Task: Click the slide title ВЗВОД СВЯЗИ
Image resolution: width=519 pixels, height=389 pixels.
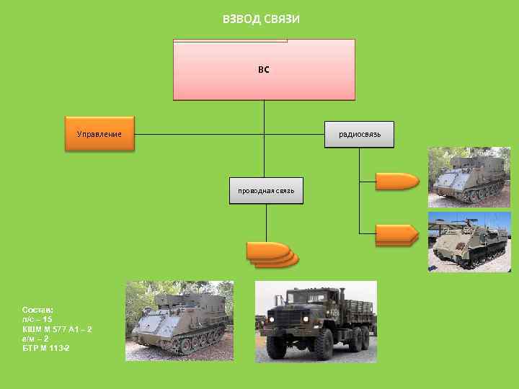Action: pyautogui.click(x=260, y=17)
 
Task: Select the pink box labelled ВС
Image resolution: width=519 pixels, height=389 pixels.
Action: pyautogui.click(x=264, y=69)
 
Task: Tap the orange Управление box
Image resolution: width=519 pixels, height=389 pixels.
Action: pyautogui.click(x=99, y=134)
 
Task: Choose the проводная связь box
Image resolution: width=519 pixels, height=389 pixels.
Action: pyautogui.click(x=265, y=190)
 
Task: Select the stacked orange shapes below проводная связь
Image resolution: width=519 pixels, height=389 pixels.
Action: pyautogui.click(x=272, y=254)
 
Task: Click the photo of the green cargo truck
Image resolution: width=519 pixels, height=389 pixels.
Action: pyautogui.click(x=316, y=321)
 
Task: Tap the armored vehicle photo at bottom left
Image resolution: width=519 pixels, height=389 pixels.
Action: pyautogui.click(x=179, y=321)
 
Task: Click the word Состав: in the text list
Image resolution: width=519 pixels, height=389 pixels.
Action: pyautogui.click(x=37, y=309)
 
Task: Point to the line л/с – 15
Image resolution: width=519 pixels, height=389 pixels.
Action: pyautogui.click(x=37, y=318)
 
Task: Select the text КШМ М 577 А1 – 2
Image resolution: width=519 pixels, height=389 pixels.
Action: pyautogui.click(x=57, y=328)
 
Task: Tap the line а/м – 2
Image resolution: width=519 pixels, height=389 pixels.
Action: pyautogui.click(x=36, y=338)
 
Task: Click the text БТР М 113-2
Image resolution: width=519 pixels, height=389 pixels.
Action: pyautogui.click(x=46, y=348)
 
